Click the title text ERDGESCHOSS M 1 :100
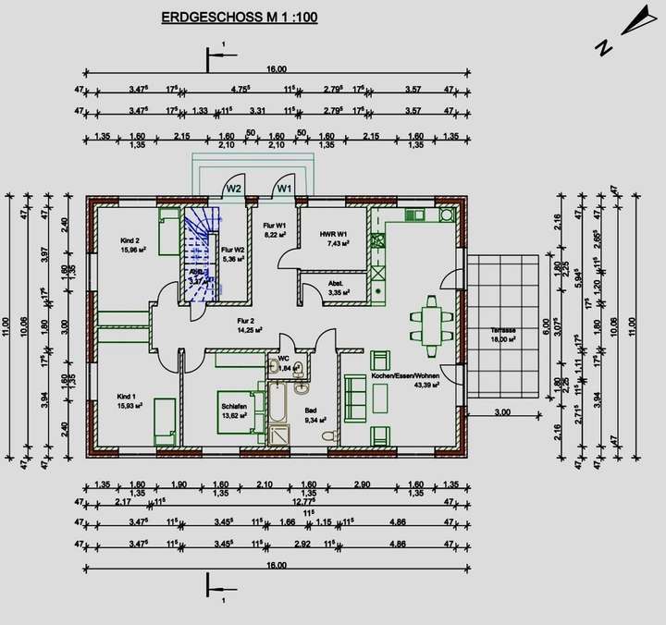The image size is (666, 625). coord(239,17)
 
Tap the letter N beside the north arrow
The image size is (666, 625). coord(602,48)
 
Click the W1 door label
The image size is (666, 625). coord(285,188)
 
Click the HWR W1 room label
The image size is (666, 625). coord(332,234)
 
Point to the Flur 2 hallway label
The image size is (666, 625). coord(245,321)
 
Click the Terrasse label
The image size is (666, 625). coord(503,330)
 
